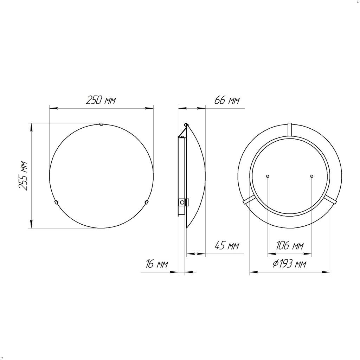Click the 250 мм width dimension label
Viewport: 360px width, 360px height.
(x=101, y=100)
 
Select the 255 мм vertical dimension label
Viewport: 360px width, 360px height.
(x=23, y=176)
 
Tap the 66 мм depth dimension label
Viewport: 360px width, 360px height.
(x=227, y=100)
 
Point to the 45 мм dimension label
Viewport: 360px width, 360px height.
(x=227, y=245)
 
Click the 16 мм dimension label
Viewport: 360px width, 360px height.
(x=157, y=264)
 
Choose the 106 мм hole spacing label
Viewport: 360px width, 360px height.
(x=290, y=245)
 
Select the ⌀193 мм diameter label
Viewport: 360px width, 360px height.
(x=289, y=264)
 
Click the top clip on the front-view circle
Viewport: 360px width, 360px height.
(x=101, y=124)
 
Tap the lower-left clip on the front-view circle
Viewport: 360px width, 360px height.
(x=56, y=202)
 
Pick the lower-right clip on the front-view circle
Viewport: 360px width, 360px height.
(x=146, y=202)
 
